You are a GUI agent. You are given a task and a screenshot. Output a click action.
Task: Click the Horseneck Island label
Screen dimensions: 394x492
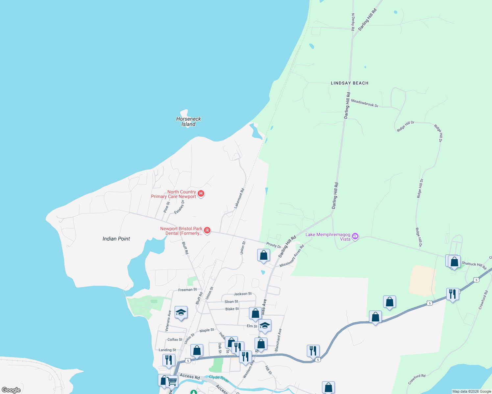[x=188, y=121]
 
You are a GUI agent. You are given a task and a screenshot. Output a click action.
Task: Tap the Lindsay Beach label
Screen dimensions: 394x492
[x=349, y=83]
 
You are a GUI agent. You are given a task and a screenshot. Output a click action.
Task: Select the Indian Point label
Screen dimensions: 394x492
[x=116, y=239]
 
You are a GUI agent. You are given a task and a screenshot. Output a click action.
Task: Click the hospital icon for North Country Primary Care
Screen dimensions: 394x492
[x=201, y=194]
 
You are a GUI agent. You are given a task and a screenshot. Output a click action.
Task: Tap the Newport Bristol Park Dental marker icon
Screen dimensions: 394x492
[x=207, y=230]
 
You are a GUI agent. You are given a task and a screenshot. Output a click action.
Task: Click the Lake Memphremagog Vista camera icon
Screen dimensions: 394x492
[x=355, y=236]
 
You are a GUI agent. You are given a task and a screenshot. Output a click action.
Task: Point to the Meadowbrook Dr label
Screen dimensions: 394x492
[x=364, y=103]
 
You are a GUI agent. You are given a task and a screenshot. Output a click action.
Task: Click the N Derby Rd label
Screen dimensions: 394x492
[x=353, y=22]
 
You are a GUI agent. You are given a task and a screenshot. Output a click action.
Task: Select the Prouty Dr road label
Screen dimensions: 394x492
[x=274, y=245]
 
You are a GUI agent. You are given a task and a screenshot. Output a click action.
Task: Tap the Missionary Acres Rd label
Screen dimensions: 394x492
[x=292, y=256]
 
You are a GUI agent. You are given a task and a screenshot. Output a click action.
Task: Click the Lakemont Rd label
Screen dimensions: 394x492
[x=239, y=198]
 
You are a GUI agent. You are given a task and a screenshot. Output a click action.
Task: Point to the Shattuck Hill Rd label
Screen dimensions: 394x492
[x=474, y=265]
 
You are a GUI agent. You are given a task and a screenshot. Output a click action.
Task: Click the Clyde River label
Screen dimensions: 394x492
[x=219, y=378]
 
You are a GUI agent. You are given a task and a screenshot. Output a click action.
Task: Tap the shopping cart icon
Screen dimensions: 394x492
[x=172, y=382]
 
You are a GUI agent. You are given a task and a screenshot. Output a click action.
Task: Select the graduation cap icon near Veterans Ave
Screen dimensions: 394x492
[x=181, y=312]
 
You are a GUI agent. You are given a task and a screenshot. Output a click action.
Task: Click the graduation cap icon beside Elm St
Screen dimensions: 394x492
[x=265, y=325]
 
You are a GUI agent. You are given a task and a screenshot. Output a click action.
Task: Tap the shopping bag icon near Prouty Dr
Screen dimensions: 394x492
[x=263, y=255]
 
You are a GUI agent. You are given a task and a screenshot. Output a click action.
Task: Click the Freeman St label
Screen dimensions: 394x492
[x=187, y=290]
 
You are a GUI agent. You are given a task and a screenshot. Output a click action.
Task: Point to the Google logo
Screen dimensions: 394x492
[x=11, y=390]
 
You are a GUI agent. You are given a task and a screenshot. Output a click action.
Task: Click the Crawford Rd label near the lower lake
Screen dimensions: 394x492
[x=417, y=379]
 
